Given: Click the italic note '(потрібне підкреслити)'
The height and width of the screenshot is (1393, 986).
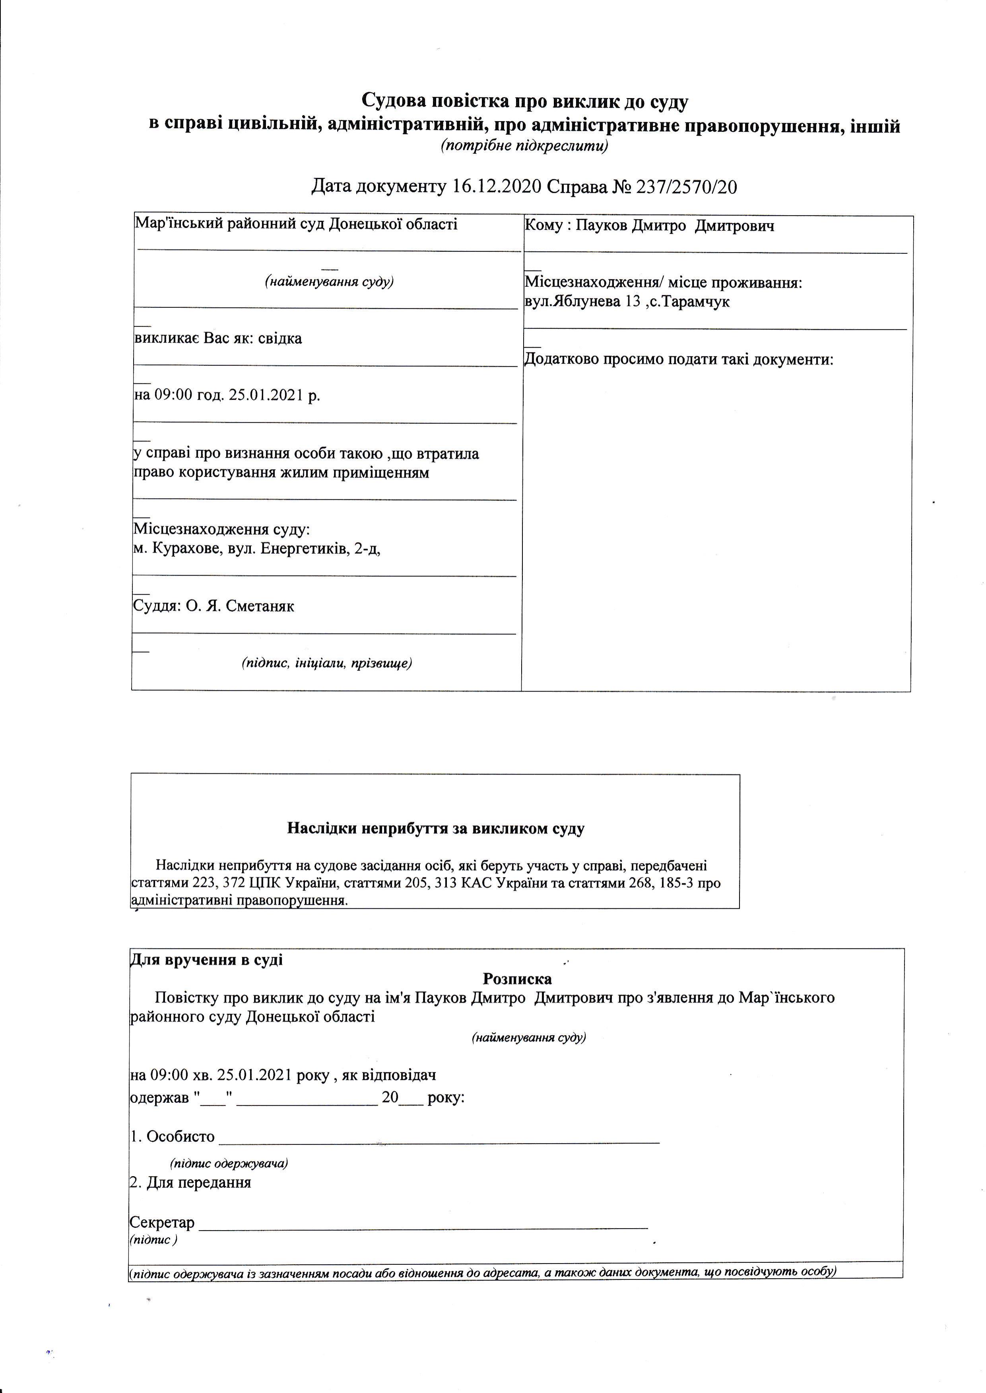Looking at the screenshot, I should coord(524,146).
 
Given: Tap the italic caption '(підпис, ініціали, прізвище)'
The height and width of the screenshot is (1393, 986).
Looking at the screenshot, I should coord(327,663).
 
